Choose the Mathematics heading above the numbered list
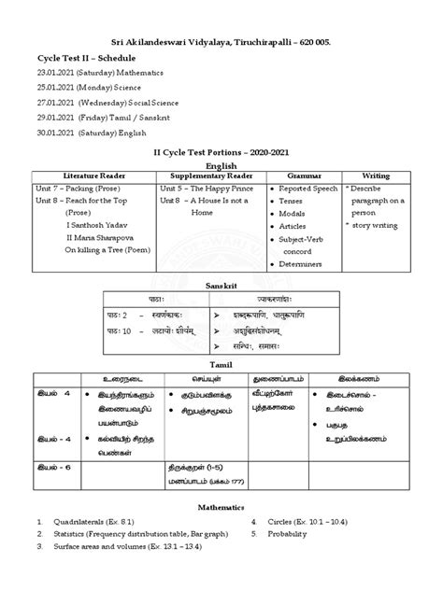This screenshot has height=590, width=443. click(221, 504)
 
